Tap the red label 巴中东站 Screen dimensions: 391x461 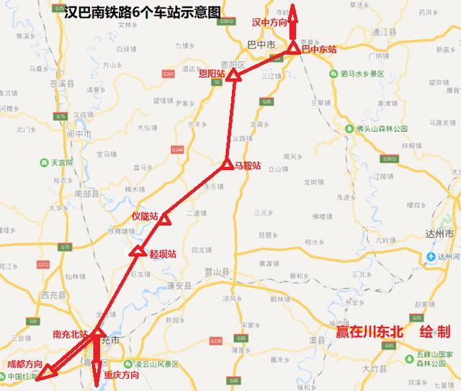(x=319, y=49)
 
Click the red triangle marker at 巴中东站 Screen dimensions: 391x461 (x=294, y=48)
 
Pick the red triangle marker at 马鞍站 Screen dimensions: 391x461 (x=226, y=165)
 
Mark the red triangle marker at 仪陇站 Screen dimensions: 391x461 (x=164, y=218)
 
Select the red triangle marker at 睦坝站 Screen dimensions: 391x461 (x=138, y=251)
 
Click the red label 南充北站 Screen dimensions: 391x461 (x=71, y=335)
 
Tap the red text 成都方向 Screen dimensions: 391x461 (x=24, y=364)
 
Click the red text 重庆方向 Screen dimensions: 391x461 (x=122, y=375)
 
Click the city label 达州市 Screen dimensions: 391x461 (x=438, y=234)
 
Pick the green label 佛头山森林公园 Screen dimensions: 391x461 (x=387, y=128)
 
